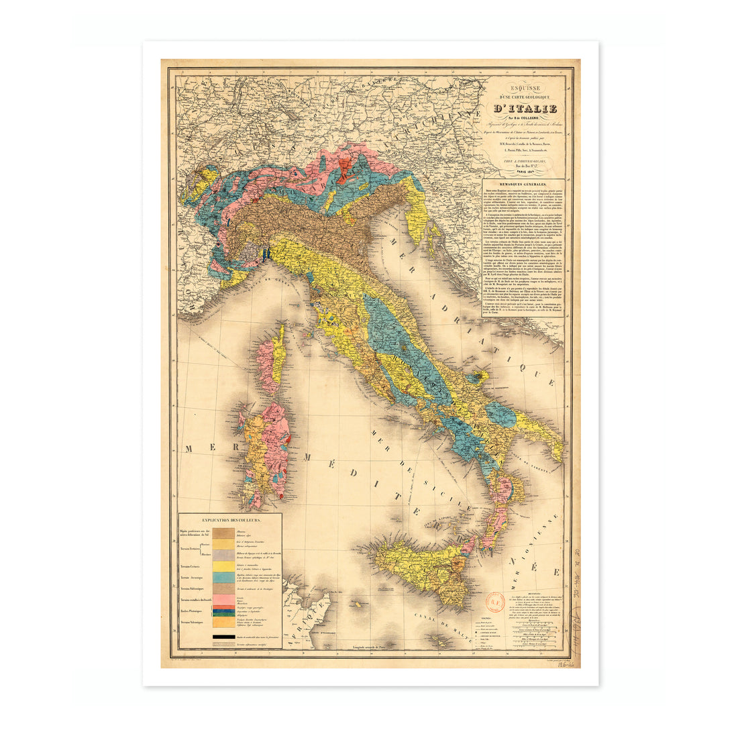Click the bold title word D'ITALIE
pos(525,109)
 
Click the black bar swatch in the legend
pos(223,636)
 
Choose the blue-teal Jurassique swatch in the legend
pos(223,577)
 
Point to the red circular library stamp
pos(496,601)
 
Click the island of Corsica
pos(270,362)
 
